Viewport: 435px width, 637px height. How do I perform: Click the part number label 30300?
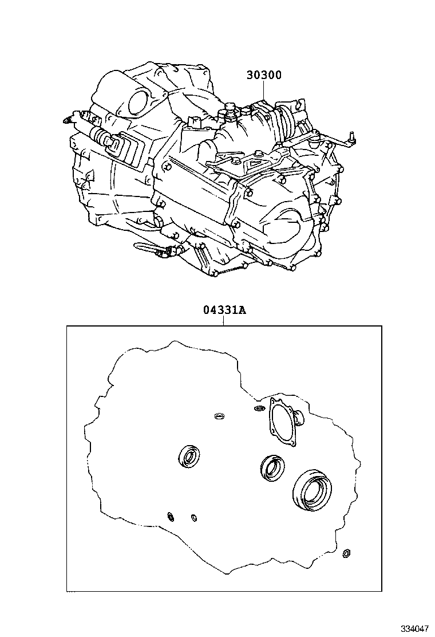click(264, 74)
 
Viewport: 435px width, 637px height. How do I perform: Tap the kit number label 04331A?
click(224, 310)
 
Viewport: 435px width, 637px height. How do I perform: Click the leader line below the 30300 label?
click(264, 90)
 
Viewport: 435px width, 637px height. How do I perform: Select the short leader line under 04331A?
click(224, 321)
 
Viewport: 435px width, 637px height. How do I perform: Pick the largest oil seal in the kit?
click(312, 490)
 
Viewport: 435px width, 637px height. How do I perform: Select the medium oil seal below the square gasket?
click(272, 467)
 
